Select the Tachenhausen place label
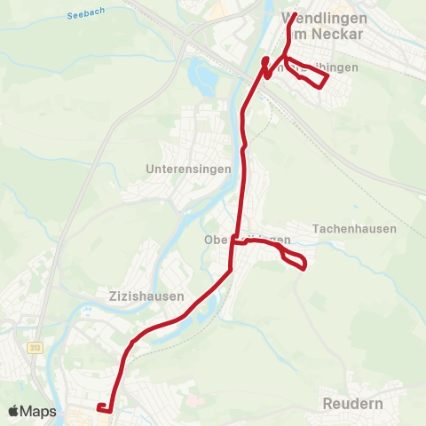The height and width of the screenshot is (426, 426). click(x=355, y=229)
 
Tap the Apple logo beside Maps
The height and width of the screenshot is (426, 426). click(x=15, y=411)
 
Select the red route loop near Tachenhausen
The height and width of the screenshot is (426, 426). click(x=294, y=259)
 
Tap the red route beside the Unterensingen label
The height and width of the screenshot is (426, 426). click(x=243, y=169)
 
